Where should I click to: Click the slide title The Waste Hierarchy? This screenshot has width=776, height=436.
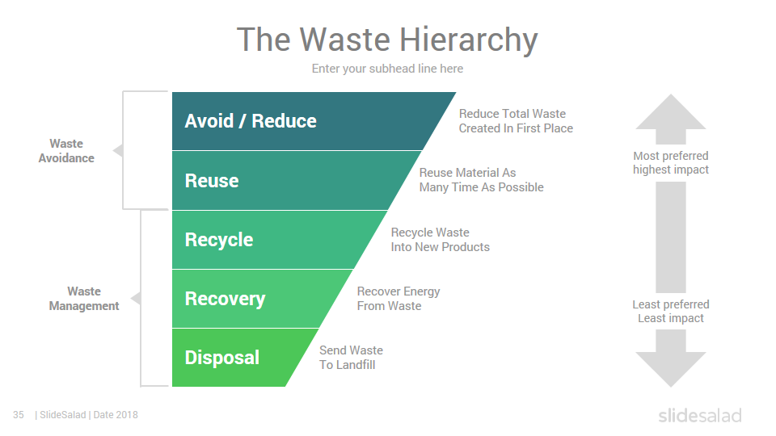(x=387, y=40)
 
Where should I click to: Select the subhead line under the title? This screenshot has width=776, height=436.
(x=387, y=69)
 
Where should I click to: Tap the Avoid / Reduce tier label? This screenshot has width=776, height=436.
(x=251, y=121)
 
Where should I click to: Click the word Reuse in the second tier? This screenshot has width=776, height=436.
(x=212, y=180)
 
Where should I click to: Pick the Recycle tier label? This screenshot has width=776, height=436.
(x=219, y=241)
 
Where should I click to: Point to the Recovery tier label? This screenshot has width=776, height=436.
(x=226, y=299)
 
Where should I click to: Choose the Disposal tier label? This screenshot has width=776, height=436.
(x=222, y=358)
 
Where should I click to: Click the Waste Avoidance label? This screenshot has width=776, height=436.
(x=66, y=151)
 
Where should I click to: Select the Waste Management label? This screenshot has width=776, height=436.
(x=84, y=299)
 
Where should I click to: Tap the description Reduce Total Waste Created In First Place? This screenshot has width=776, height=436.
(x=516, y=121)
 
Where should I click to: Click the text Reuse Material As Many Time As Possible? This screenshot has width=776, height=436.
(x=481, y=180)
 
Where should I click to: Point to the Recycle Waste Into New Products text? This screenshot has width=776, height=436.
(x=440, y=240)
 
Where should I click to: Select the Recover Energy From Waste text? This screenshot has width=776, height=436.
(x=399, y=299)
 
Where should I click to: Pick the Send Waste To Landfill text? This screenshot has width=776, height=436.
(x=351, y=358)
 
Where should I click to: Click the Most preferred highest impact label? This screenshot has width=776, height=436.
(x=671, y=162)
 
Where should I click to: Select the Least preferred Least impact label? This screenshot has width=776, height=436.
(x=671, y=312)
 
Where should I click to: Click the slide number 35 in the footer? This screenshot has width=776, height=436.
(x=19, y=415)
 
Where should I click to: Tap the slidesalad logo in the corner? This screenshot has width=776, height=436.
(x=700, y=415)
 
